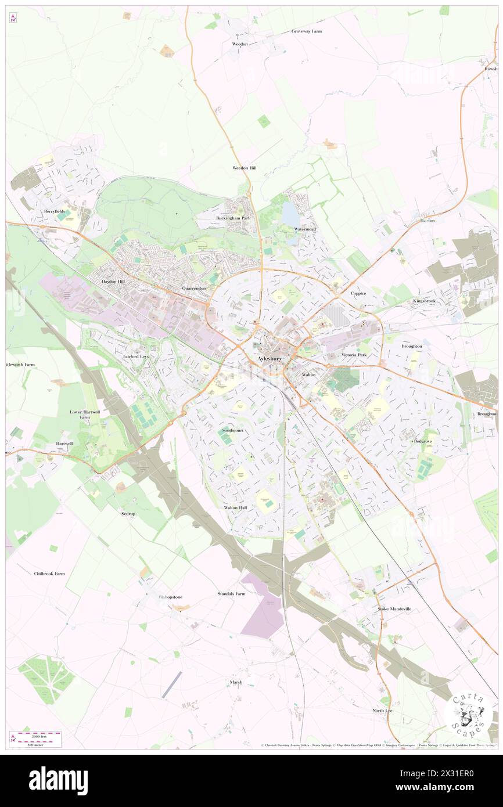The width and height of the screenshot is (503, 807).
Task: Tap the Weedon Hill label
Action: [245, 168]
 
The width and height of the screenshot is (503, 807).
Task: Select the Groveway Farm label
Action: [306, 31]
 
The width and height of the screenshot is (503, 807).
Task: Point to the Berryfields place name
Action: [58, 211]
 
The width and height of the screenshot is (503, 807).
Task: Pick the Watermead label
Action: [305, 229]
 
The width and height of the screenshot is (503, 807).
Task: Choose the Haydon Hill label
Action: [113, 281]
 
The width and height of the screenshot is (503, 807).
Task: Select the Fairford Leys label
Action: [135, 356]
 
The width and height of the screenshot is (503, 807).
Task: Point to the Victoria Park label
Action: [354, 354]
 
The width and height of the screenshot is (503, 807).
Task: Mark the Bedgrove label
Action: [423, 441]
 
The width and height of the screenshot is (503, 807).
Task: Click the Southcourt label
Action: [234, 431]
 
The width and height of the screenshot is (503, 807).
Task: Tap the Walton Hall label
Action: [235, 507]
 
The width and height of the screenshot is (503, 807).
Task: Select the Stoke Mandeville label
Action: [394, 609]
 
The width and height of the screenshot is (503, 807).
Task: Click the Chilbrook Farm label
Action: [49, 574]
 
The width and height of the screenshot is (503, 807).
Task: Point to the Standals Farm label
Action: [232, 594]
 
